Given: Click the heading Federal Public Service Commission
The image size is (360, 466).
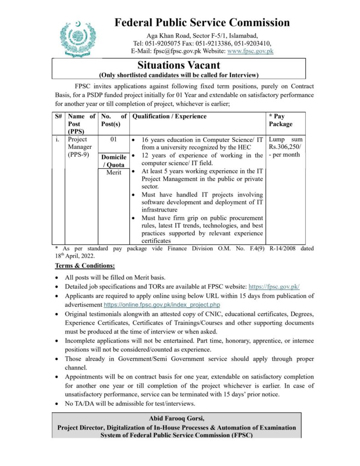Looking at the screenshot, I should [x=202, y=22].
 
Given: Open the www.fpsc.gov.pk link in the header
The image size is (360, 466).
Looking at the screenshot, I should [x=250, y=51].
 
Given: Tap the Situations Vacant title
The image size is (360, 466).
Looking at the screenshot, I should [x=179, y=66].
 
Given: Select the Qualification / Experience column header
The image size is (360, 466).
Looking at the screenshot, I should [x=169, y=116].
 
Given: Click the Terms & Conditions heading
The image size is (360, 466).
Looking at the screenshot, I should [x=85, y=265].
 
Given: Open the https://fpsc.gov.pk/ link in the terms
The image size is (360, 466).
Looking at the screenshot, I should [x=274, y=287].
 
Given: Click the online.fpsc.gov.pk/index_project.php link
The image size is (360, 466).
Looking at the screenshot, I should [x=162, y=304].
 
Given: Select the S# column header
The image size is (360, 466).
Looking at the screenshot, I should [x=59, y=116].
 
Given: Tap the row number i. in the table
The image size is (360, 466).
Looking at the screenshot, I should [x=58, y=140].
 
